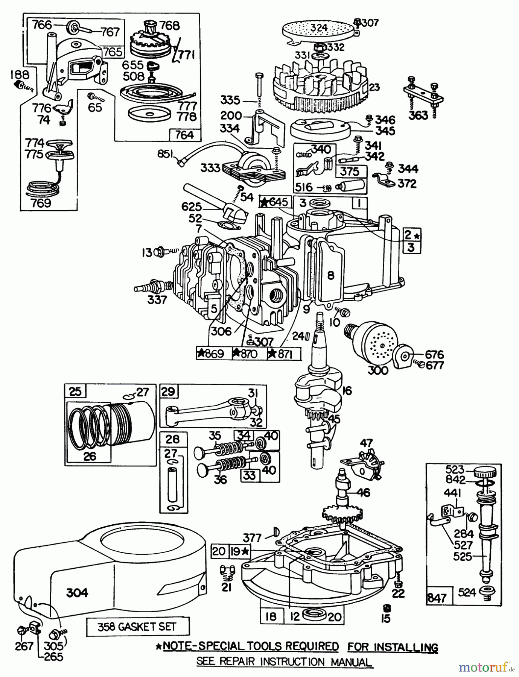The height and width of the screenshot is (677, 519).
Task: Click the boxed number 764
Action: coord(184,135)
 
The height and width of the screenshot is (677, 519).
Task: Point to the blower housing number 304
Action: coord(77,593)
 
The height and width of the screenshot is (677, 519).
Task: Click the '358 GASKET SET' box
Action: coord(137,627)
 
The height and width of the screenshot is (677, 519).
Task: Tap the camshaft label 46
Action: coord(364,492)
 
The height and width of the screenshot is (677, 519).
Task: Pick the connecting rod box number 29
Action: coord(168,392)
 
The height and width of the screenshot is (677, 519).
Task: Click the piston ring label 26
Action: coord(90,456)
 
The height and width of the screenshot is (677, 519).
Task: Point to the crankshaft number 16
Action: coord(347,391)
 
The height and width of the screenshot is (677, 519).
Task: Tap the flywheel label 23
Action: coord(374,88)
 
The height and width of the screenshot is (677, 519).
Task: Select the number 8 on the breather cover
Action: coord(330,276)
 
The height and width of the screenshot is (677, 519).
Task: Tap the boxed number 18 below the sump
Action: coord(271,616)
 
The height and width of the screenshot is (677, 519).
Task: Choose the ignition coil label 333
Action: coord(210,168)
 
